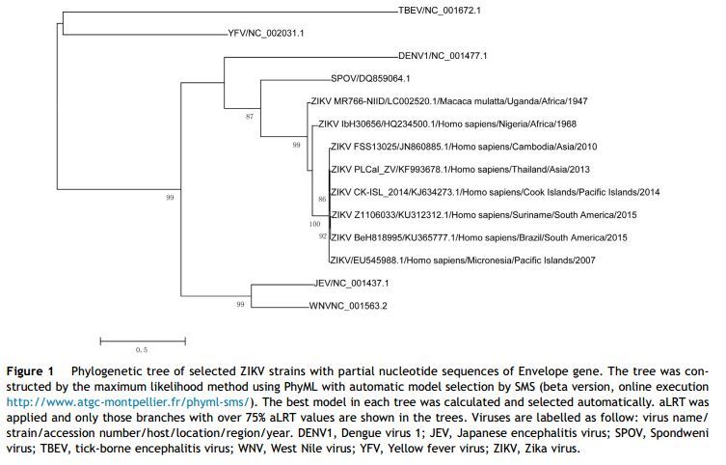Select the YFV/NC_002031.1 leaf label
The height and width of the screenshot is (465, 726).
click(x=265, y=33)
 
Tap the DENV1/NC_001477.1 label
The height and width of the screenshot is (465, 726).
click(x=443, y=56)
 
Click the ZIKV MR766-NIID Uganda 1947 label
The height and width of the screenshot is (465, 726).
click(x=448, y=101)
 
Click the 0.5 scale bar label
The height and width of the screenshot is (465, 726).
click(x=141, y=349)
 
